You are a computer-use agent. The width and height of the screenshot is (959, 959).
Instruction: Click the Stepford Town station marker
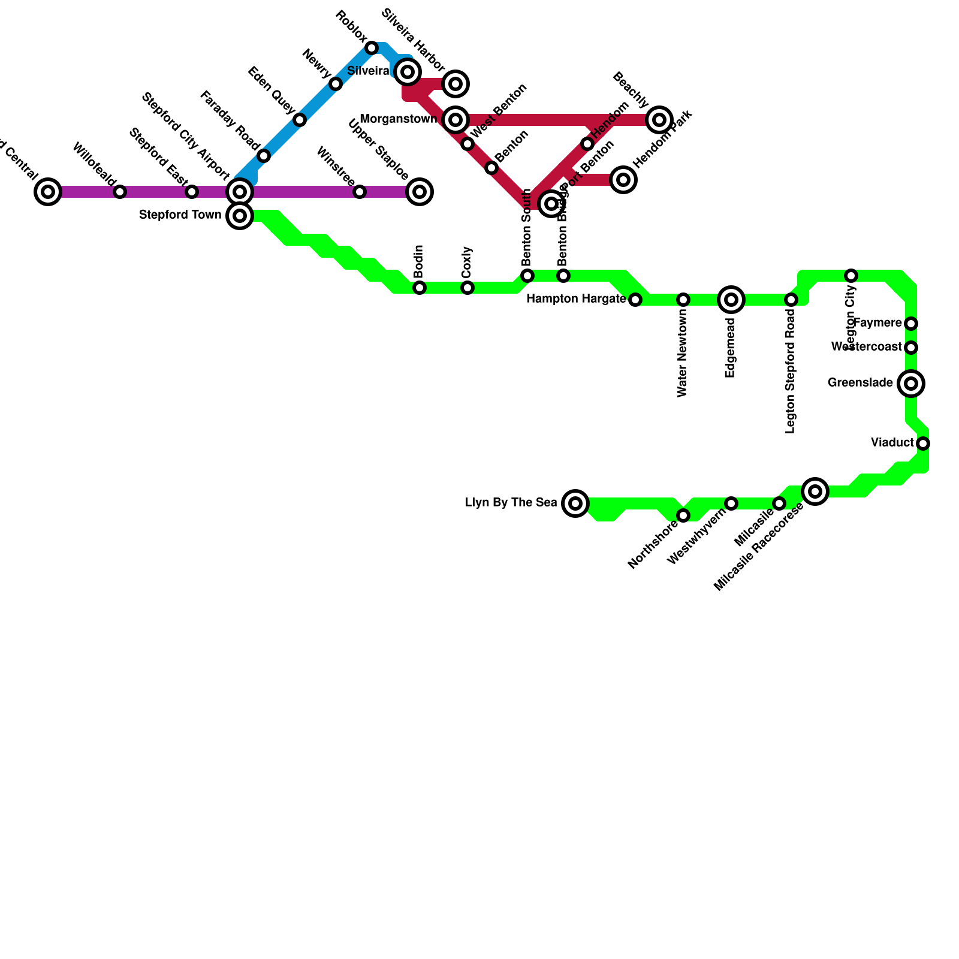(x=240, y=216)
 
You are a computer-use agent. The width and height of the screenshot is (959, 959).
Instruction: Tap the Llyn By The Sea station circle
(x=575, y=503)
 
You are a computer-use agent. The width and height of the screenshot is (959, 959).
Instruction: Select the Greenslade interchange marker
(x=911, y=383)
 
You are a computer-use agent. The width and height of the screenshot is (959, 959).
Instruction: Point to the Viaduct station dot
(x=923, y=444)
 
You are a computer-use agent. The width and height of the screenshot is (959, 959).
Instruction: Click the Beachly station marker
(x=659, y=120)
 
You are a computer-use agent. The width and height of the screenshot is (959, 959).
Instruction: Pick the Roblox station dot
(x=372, y=48)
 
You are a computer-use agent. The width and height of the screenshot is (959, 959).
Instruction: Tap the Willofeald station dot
(x=120, y=192)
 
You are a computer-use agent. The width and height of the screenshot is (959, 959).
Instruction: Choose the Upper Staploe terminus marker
(x=420, y=192)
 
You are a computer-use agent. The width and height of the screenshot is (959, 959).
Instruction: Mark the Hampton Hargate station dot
(x=635, y=300)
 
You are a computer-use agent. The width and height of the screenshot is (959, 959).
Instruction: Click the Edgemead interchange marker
(x=731, y=300)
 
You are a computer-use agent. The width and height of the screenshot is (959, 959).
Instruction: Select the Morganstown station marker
(x=456, y=120)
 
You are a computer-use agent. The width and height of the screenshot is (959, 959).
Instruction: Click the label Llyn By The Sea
(x=511, y=503)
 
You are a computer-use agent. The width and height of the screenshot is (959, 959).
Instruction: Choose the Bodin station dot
(x=420, y=288)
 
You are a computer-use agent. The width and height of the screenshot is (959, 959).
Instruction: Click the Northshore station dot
(x=683, y=515)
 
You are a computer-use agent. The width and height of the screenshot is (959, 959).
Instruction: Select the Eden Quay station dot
(x=300, y=120)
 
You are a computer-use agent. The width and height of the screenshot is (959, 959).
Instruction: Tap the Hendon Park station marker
(x=623, y=180)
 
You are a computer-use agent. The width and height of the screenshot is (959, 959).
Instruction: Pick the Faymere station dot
(x=911, y=324)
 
